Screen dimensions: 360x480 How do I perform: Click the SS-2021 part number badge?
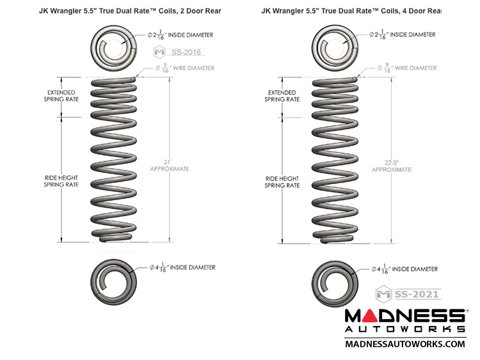pyautogui.click(x=416, y=295)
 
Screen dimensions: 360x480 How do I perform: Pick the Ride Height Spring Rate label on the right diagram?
pyautogui.click(x=283, y=182)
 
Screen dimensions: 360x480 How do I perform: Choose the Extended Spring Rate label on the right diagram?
pyautogui.click(x=283, y=97)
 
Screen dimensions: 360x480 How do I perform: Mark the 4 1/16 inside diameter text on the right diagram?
pyautogui.click(x=405, y=269)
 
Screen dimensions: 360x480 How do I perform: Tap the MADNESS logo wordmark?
pyautogui.click(x=404, y=316)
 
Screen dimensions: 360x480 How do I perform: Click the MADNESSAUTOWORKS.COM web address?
pyautogui.click(x=404, y=344)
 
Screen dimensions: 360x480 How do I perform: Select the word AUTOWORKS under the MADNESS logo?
pyautogui.click(x=404, y=329)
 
